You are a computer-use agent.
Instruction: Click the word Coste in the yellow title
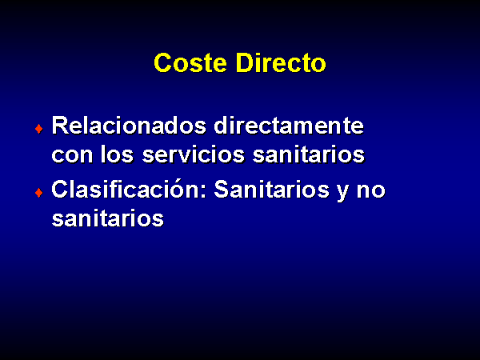[x=190, y=62]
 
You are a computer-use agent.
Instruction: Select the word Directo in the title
[x=281, y=62]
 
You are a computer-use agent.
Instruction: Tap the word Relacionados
[x=129, y=126]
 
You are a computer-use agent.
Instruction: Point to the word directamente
[x=289, y=126]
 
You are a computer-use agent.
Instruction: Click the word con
[x=72, y=154]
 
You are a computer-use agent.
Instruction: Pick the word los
[x=117, y=154]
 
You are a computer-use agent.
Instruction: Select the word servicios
[x=193, y=154]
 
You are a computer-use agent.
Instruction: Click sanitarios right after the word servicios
[x=309, y=154]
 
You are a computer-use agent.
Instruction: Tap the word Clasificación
[x=129, y=189]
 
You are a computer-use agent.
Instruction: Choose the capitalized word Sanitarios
[x=272, y=189]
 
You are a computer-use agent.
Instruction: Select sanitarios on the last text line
[x=108, y=218]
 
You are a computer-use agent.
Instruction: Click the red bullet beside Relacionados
[x=39, y=129]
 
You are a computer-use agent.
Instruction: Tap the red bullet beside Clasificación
[x=39, y=193]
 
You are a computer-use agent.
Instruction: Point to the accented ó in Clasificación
[x=177, y=189]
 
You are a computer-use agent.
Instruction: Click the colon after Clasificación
[x=203, y=191]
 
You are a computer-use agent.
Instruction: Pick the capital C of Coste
[x=162, y=62]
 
